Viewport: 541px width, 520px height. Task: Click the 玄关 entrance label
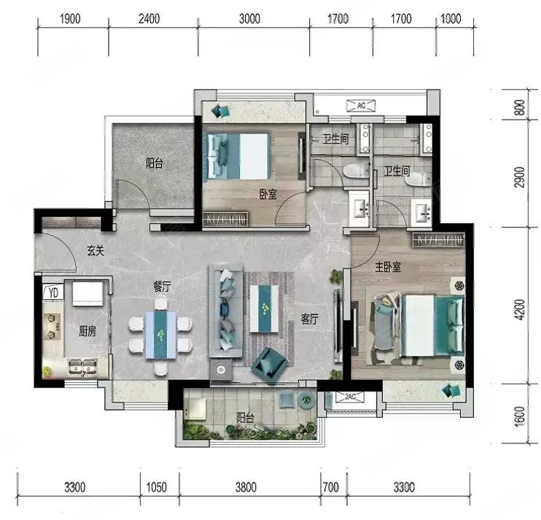(96, 250)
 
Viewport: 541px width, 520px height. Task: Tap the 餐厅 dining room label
(162, 287)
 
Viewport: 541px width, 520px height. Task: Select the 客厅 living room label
(309, 319)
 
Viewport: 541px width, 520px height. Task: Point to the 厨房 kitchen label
(87, 331)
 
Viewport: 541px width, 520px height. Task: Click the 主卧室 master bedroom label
(388, 267)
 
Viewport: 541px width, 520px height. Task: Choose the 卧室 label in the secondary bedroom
(268, 195)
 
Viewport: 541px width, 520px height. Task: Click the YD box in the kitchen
(53, 292)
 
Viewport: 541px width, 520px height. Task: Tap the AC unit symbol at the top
(361, 106)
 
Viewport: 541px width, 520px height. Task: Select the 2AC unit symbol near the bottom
(350, 397)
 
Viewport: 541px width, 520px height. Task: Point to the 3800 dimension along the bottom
(246, 487)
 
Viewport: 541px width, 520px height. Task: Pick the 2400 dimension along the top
(149, 19)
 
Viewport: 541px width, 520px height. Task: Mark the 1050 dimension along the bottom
(157, 487)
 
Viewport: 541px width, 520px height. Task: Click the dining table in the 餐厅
(161, 335)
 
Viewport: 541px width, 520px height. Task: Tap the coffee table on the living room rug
(264, 308)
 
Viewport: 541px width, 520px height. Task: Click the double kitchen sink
(82, 367)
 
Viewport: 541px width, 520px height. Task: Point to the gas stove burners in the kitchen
(52, 326)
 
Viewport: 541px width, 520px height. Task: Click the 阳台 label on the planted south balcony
(245, 418)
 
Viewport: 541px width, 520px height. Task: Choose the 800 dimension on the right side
(520, 107)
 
